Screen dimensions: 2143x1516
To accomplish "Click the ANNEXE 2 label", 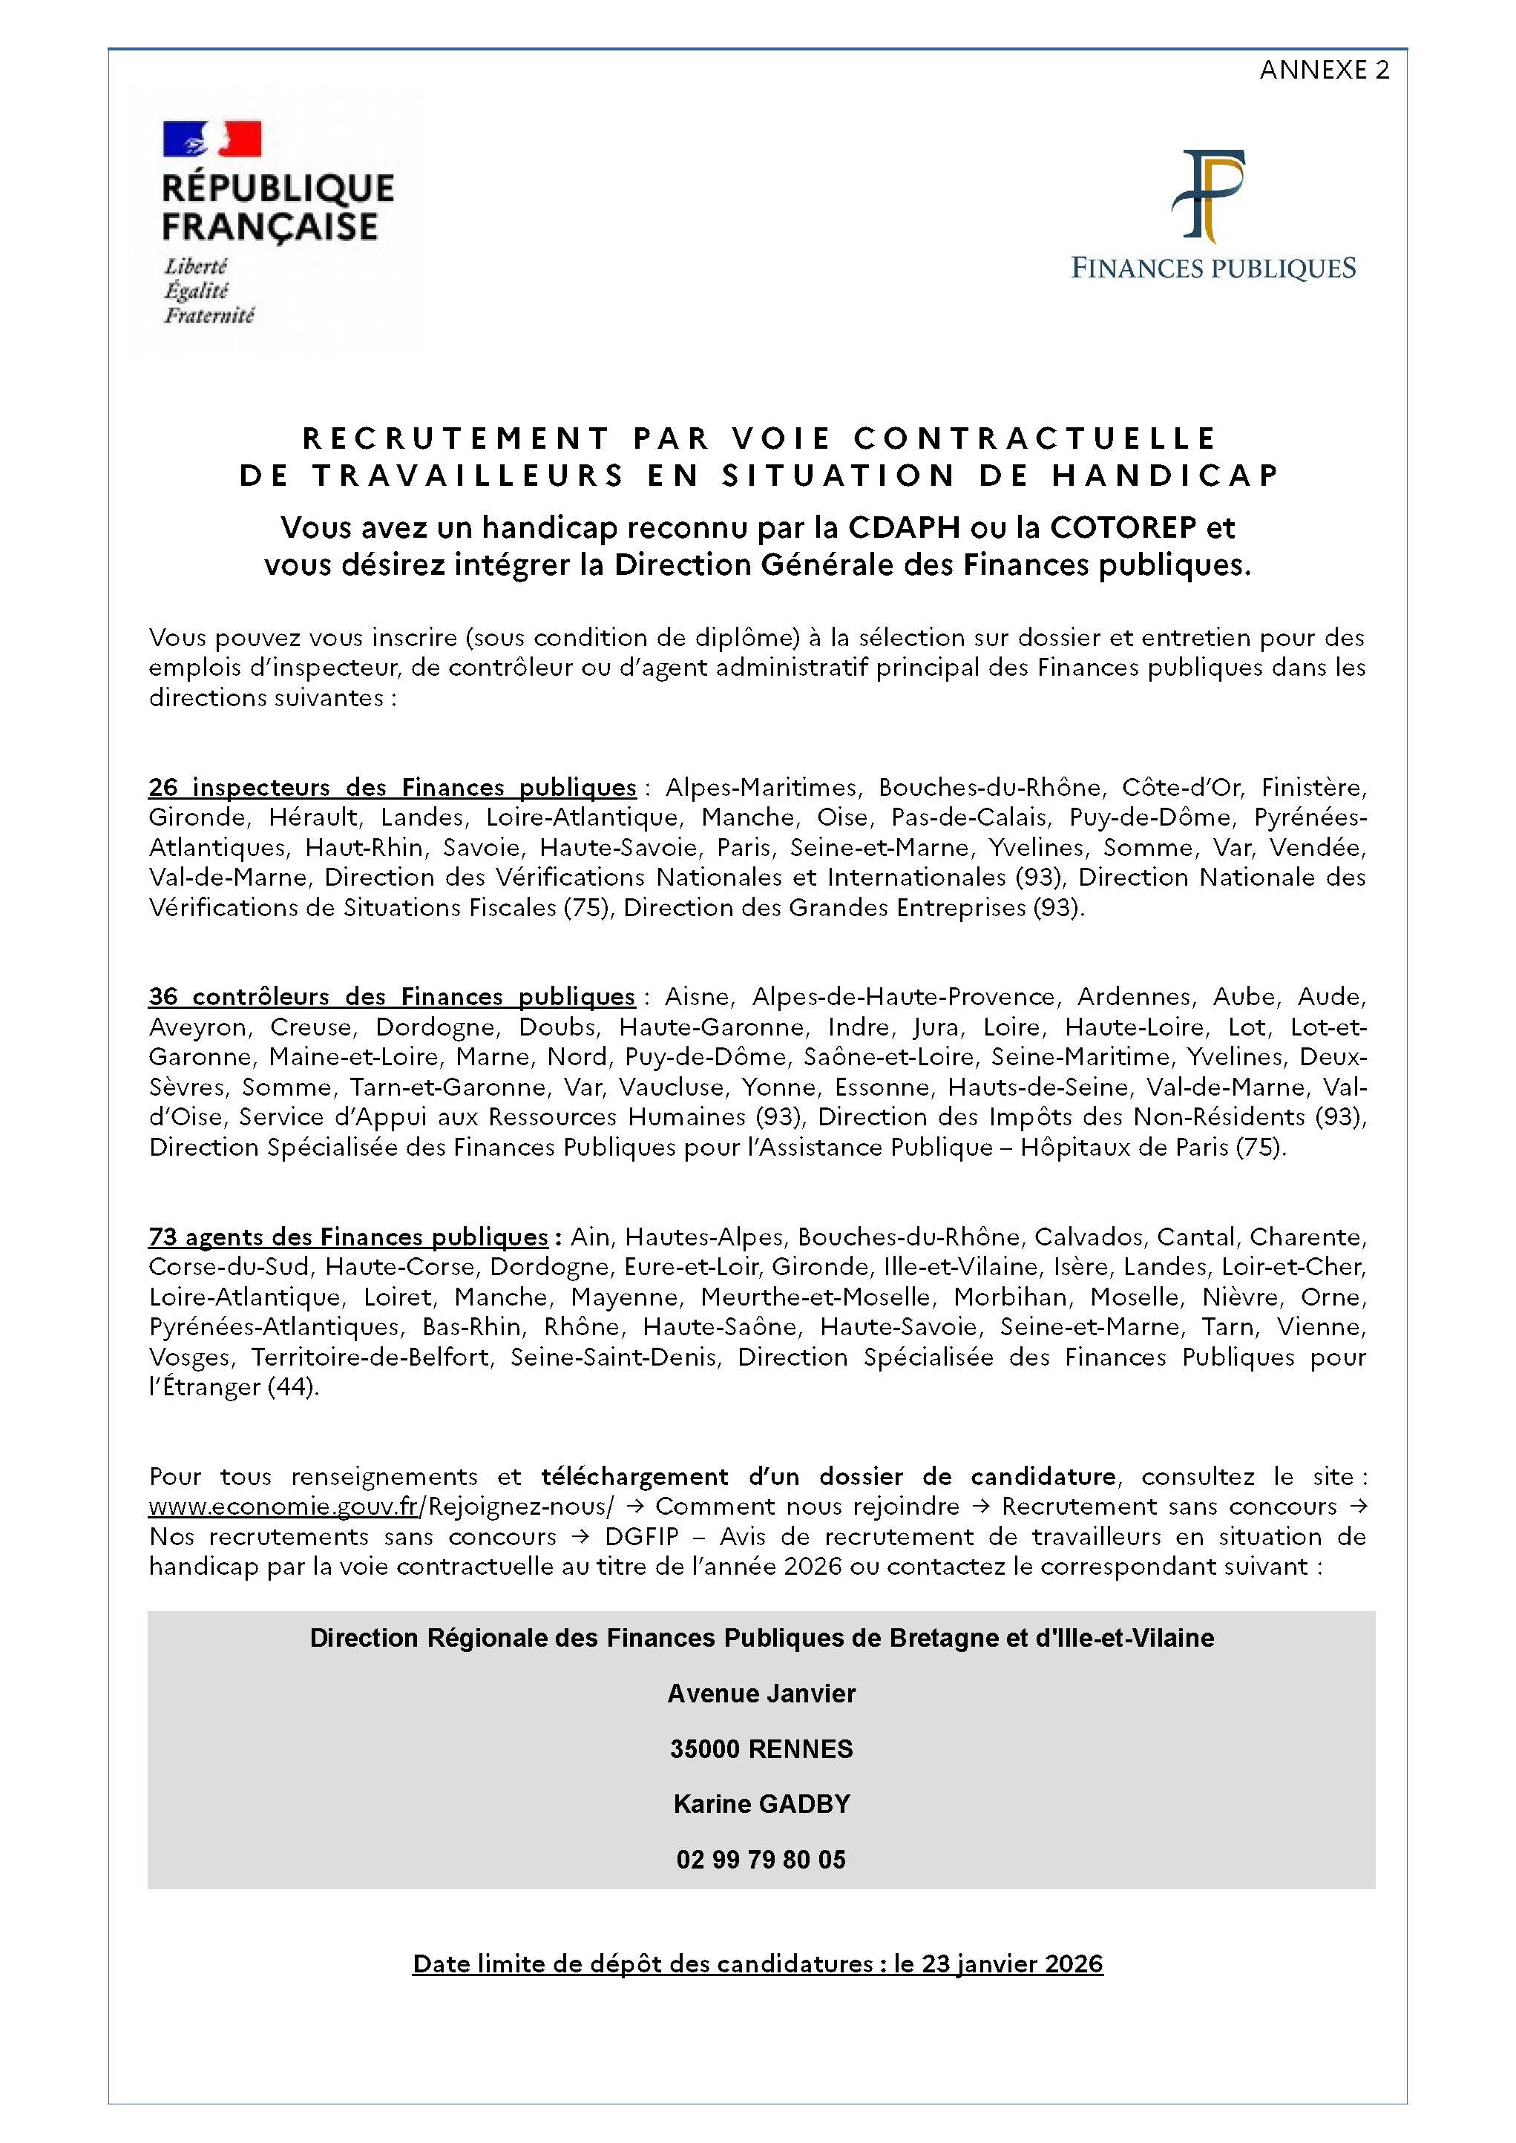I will [x=1323, y=70].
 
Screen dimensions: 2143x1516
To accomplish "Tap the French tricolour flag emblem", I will [x=212, y=139].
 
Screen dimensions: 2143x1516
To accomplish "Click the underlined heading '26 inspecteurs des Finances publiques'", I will [x=392, y=787].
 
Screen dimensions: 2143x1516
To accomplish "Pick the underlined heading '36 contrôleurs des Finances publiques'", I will [x=391, y=996].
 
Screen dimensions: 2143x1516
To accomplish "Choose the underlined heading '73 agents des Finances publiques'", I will [x=348, y=1237].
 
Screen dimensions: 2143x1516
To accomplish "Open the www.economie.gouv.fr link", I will [x=283, y=1507].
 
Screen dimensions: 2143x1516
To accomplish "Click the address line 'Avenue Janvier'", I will [x=761, y=1693].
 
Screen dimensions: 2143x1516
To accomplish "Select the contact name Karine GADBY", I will [x=761, y=1803].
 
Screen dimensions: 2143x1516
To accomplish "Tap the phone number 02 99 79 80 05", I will [x=761, y=1859].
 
